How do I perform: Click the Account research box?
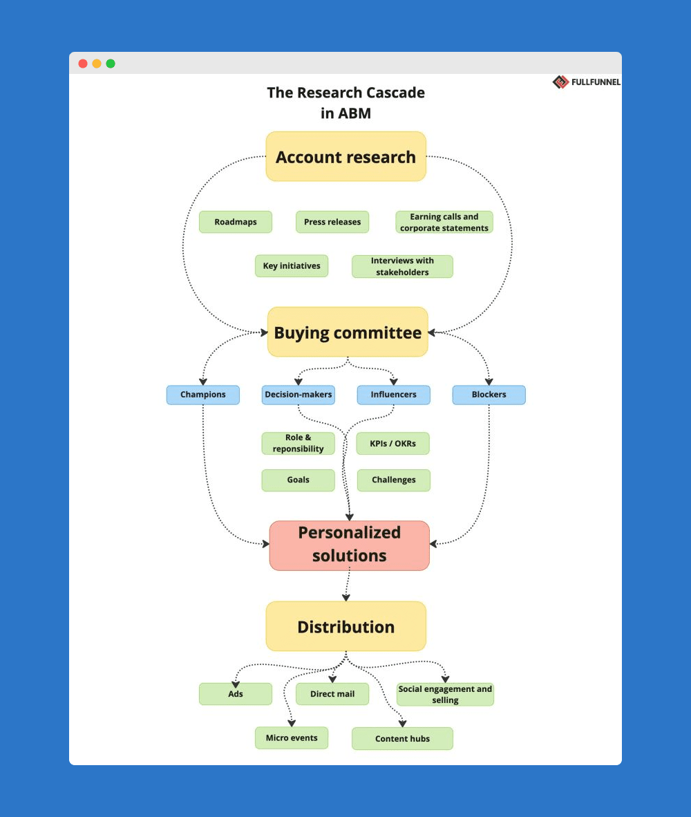coord(345,157)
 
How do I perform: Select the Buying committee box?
coord(348,332)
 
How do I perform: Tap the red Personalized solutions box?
coord(349,545)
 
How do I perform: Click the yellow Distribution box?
coord(345,626)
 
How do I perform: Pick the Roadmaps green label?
coord(236,222)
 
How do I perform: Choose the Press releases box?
coord(332,222)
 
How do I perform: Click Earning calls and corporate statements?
coord(444,222)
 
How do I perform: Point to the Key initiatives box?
coord(292,266)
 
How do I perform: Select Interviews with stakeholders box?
coord(402,266)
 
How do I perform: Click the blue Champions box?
coord(203,395)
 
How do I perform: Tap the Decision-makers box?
coord(298,395)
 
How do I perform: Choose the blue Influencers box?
coord(393,395)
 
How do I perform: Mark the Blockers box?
coord(489,395)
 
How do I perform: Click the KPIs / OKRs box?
coord(393,443)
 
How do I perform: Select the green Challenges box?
coord(393,480)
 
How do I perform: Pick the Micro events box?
coord(292,738)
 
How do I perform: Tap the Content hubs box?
coord(402,738)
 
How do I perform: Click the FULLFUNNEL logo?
coord(587,82)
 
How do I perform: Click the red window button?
coord(83,64)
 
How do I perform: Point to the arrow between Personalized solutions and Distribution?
coord(347,585)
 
